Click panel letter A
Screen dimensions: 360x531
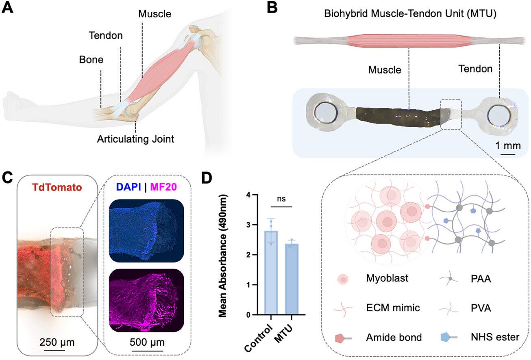tap(9, 8)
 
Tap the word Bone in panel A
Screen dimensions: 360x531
tap(91, 60)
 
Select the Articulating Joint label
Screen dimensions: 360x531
tap(135, 139)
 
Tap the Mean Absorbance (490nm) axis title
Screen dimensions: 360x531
tap(223, 255)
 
